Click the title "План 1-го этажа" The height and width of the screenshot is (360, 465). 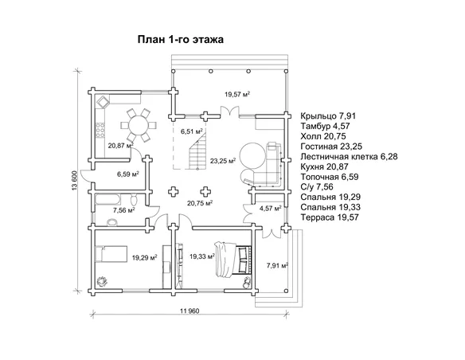pos(180,40)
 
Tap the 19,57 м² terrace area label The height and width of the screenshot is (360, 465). pos(237,95)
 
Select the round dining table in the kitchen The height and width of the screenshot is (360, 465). pos(139,125)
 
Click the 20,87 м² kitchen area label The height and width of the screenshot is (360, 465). pos(120,146)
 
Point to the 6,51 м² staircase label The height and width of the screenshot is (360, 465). pos(192,131)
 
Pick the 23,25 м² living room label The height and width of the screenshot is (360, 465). pos(223,161)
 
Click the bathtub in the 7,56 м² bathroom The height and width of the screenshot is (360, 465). pos(107,199)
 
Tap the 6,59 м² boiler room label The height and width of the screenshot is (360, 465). pos(128,174)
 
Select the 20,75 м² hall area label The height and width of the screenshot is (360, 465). pos(201,203)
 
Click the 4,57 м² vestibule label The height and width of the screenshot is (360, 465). pos(271,209)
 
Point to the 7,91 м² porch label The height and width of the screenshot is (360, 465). pos(278,265)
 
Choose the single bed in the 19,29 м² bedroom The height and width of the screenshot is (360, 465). pos(111,253)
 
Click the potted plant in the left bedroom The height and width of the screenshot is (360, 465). pos(102,280)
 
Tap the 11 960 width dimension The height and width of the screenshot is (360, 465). pos(190,311)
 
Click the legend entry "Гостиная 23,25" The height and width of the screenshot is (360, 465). pos(331,147)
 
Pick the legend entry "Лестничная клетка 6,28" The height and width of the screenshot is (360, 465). pos(349,157)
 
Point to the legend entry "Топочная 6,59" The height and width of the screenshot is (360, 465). pos(330,177)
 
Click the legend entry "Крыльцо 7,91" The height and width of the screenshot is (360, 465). pos(328,115)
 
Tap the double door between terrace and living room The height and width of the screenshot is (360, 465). pos(229,112)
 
